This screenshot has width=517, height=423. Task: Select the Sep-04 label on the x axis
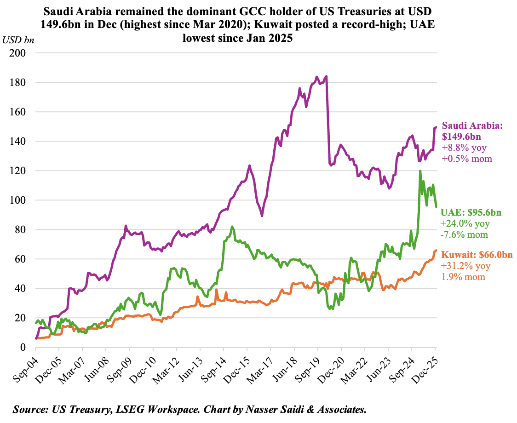coord(27,366)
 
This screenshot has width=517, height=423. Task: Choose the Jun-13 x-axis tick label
coord(191,366)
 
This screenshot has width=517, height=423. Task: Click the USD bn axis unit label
coord(18,40)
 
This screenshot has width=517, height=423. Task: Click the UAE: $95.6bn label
coord(471,212)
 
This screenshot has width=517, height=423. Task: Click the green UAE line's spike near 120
coord(420,171)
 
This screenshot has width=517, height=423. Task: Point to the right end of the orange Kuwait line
coord(436,251)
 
